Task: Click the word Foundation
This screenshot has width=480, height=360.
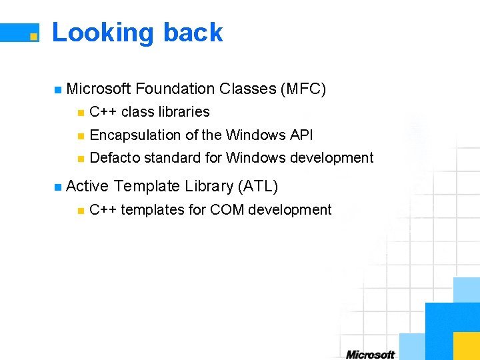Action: (x=175, y=89)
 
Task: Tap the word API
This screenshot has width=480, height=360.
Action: (x=301, y=135)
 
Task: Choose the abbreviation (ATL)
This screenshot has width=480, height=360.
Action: (x=257, y=185)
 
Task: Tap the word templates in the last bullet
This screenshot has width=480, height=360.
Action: (x=153, y=210)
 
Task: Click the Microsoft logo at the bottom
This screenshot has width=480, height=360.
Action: (x=370, y=354)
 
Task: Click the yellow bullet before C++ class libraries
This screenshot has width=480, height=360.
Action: (x=80, y=113)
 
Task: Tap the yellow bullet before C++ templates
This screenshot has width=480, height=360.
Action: (x=80, y=211)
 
